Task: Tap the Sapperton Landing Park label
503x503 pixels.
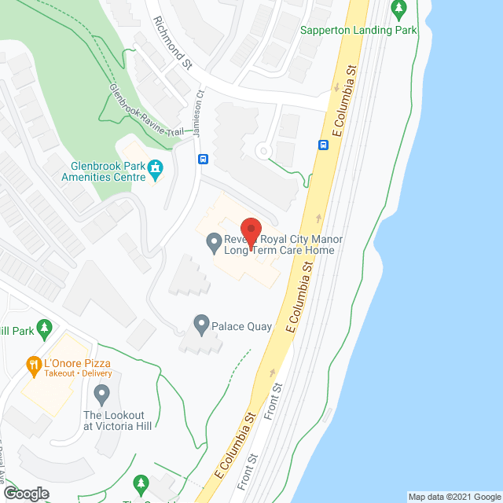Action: [358, 31]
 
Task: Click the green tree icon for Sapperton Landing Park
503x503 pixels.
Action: [399, 10]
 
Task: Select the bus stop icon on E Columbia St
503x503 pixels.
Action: [323, 145]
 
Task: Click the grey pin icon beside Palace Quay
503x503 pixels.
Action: [201, 323]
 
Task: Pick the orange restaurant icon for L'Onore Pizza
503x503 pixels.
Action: [33, 364]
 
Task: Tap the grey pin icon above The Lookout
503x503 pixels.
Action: [101, 391]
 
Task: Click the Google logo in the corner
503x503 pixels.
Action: [25, 493]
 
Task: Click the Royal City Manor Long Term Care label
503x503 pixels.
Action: [281, 245]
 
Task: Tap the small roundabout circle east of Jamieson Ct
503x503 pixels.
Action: [263, 150]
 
